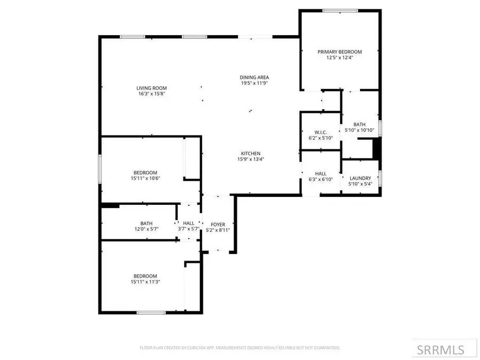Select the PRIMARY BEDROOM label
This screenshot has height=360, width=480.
click(x=340, y=52)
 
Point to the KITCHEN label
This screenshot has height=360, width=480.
click(x=251, y=153)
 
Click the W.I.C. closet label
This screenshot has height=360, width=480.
click(x=321, y=132)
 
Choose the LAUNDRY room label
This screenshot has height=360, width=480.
click(x=360, y=178)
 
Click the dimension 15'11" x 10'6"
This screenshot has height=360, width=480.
click(x=145, y=178)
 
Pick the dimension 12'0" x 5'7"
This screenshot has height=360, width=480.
click(x=147, y=229)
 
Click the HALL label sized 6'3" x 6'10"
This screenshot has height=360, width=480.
click(x=321, y=173)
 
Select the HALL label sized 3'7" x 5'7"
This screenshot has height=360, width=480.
click(x=189, y=223)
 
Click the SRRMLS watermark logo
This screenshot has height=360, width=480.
click(x=440, y=350)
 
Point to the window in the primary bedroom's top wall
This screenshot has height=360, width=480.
click(x=340, y=10)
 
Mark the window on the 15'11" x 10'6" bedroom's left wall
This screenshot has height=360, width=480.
click(x=100, y=169)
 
